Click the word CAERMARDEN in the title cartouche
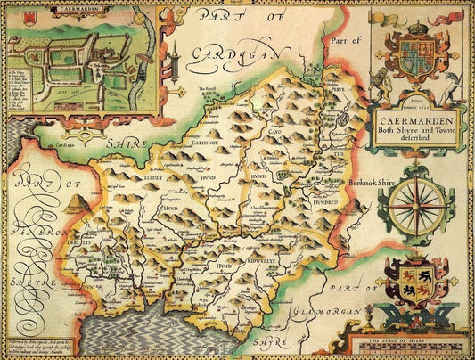tap(415, 117)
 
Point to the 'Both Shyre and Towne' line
tap(415, 127)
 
